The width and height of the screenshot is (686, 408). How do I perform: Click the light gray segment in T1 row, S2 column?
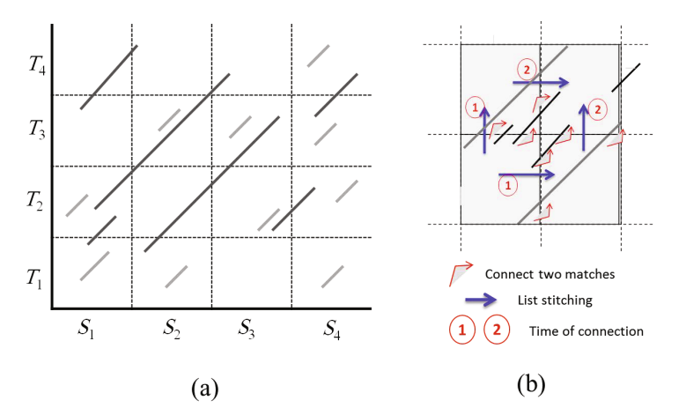[x=176, y=276]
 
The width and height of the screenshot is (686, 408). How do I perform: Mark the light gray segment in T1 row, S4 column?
[x=332, y=276]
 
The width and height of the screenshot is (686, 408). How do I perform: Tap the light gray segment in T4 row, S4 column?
[x=318, y=56]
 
